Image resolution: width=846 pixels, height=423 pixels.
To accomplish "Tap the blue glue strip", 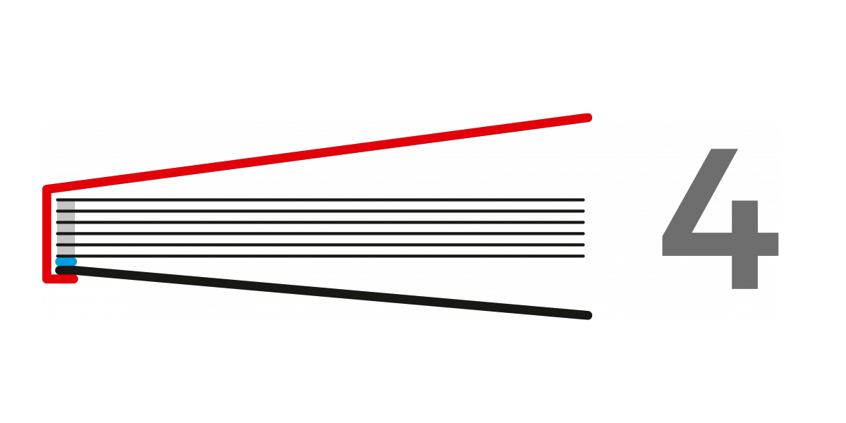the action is pyautogui.click(x=66, y=262).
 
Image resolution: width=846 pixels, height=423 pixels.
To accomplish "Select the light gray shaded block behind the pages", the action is pyautogui.click(x=66, y=228).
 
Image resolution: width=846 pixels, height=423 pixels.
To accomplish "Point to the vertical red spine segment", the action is pyautogui.click(x=47, y=233).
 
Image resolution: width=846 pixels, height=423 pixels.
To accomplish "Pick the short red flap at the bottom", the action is pyautogui.click(x=61, y=279).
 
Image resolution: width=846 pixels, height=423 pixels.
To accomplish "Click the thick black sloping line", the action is pyautogui.click(x=324, y=293).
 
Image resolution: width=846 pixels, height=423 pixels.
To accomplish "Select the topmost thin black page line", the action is pyautogui.click(x=320, y=200).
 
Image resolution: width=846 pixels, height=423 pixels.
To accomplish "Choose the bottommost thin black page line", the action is pyautogui.click(x=320, y=256).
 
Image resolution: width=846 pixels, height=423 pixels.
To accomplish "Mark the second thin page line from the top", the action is pyautogui.click(x=320, y=211).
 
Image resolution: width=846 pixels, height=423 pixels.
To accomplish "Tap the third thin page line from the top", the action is pyautogui.click(x=320, y=223).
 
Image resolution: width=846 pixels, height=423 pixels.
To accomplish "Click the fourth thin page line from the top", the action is pyautogui.click(x=320, y=234).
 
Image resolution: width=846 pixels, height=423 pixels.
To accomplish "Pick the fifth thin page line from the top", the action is pyautogui.click(x=320, y=245).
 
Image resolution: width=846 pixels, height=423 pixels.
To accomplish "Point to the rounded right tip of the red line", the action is pyautogui.click(x=588, y=118).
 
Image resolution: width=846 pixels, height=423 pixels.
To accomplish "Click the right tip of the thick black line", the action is pyautogui.click(x=588, y=315).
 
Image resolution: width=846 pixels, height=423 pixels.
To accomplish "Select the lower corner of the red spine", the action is pyautogui.click(x=47, y=279).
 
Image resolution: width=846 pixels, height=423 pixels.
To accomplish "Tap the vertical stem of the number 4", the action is pyautogui.click(x=744, y=245).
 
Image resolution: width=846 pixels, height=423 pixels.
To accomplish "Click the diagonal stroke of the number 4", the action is pyautogui.click(x=700, y=192).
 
